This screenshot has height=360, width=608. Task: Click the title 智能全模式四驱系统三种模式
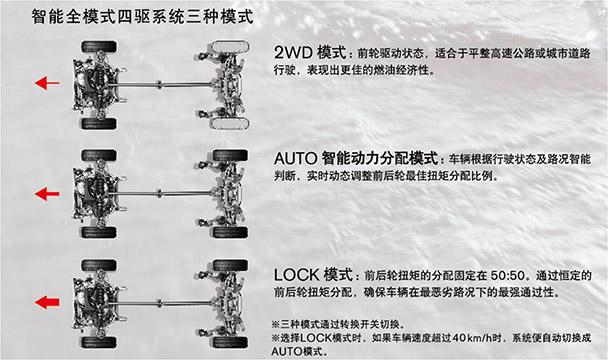click(x=140, y=17)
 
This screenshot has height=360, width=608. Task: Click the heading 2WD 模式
click(x=308, y=51)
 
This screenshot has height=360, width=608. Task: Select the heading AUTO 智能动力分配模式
click(x=356, y=158)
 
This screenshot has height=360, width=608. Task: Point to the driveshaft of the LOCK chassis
click(x=165, y=301)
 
